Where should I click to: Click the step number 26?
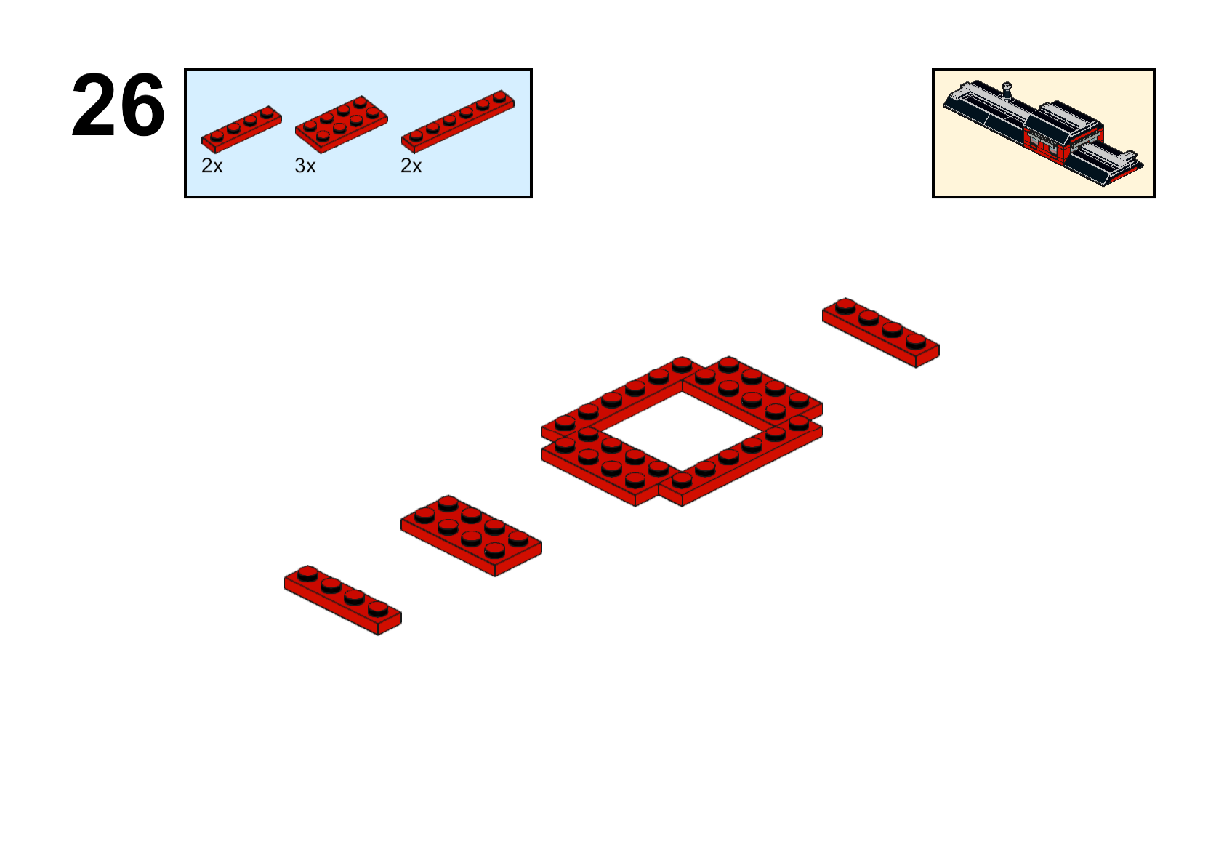[x=118, y=105]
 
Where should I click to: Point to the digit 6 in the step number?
[x=142, y=105]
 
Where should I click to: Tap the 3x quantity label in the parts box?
[x=305, y=166]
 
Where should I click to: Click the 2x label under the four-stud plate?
[x=212, y=166]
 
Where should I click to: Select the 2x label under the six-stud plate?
[x=411, y=166]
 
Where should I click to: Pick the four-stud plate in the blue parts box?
[x=241, y=129]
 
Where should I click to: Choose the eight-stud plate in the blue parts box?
[x=341, y=124]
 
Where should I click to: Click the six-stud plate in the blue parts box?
[x=458, y=121]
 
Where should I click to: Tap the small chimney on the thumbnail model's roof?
[x=1007, y=91]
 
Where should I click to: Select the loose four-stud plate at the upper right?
[x=881, y=332]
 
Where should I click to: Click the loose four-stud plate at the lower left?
[x=342, y=600]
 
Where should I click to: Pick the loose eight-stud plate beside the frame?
[x=471, y=536]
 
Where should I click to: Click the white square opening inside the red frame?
[x=682, y=432]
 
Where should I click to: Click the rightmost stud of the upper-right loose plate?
[x=916, y=342]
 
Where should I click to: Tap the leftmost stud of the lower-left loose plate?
[x=307, y=574]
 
